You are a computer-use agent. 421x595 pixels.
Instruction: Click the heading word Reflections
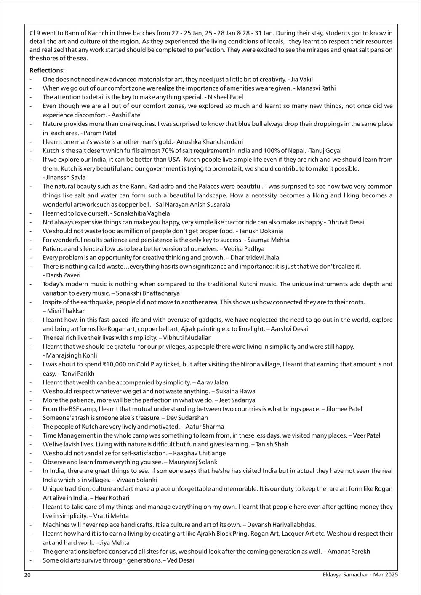[47, 70]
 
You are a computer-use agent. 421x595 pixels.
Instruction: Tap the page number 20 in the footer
[27, 575]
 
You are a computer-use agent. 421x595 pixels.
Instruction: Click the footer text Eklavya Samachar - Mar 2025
[359, 575]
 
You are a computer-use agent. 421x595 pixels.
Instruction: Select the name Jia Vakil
[302, 79]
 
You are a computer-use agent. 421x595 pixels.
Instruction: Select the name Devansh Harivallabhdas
[283, 525]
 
